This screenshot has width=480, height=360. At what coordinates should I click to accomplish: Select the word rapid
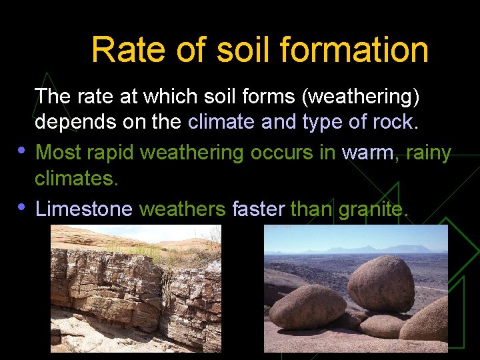[115, 153]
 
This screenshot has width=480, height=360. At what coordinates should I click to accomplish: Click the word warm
[367, 153]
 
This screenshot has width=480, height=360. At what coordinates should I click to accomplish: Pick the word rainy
[427, 153]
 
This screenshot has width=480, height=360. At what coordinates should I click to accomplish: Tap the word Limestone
[84, 209]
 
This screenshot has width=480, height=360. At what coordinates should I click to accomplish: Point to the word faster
[259, 209]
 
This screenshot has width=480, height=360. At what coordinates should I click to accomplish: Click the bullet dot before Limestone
[23, 205]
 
